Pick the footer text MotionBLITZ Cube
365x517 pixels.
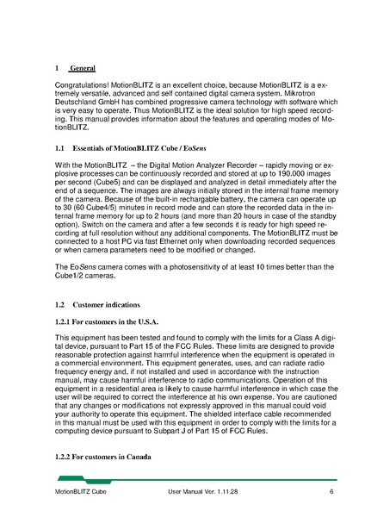[77, 492]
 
